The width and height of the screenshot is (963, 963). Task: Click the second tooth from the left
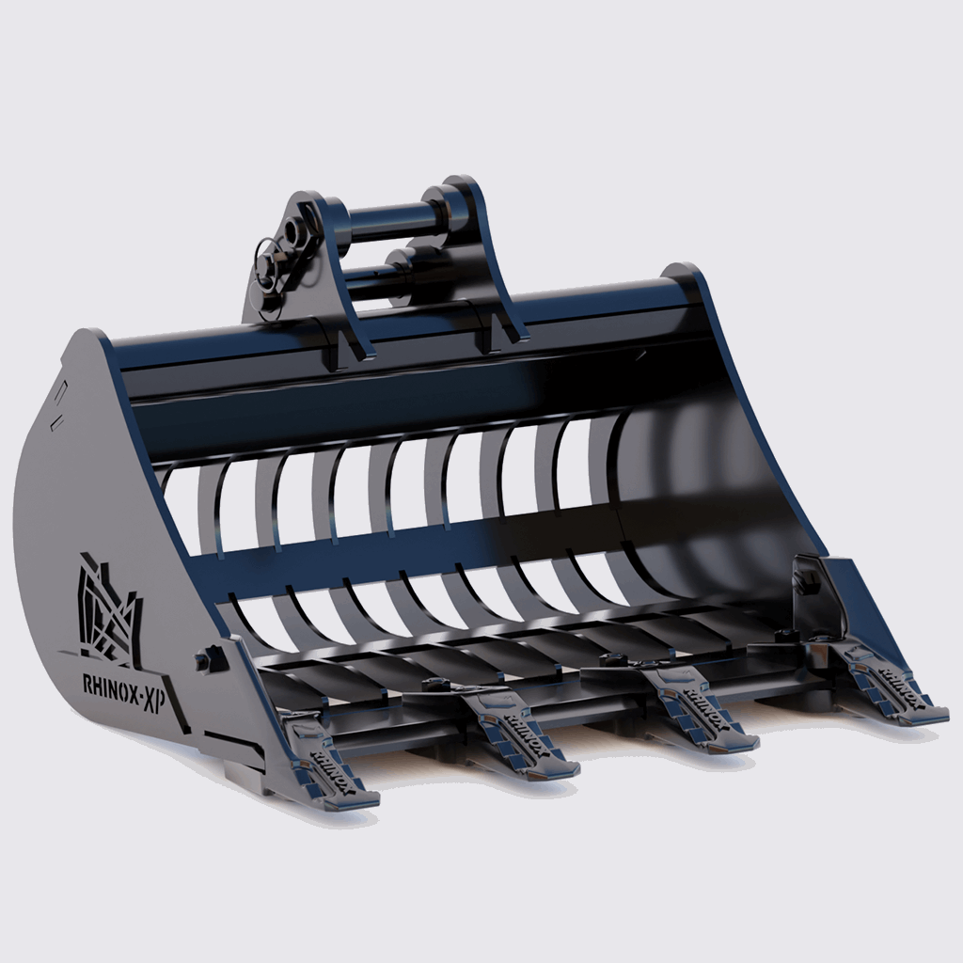coord(513,729)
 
